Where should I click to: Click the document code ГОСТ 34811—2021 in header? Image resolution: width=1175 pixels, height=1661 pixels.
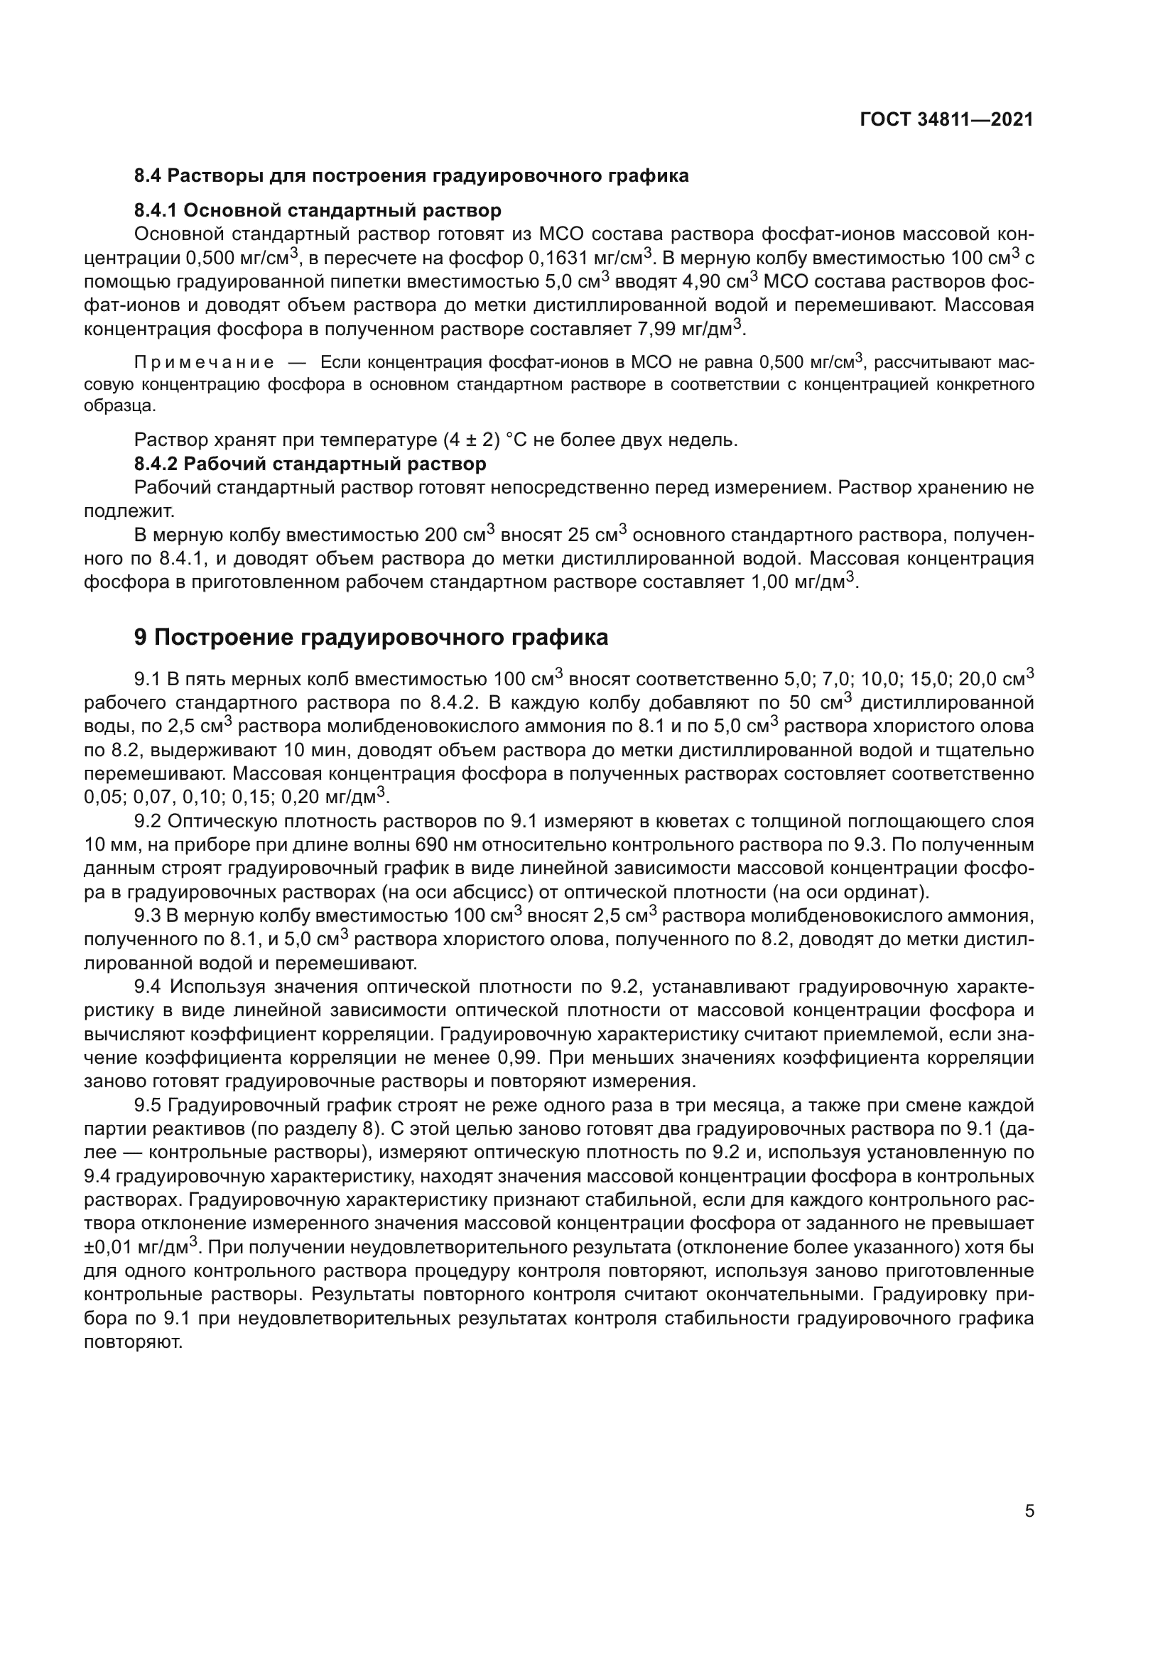coord(946,120)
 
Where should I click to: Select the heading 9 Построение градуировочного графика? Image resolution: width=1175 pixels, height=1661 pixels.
coord(371,637)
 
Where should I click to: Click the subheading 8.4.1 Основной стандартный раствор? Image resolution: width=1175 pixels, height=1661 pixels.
coord(318,210)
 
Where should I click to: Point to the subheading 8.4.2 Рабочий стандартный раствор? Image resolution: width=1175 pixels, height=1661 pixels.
coord(310,463)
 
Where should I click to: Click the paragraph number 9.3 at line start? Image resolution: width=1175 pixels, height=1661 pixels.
coord(148,916)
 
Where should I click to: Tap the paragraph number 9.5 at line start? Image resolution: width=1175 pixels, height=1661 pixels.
coord(148,1106)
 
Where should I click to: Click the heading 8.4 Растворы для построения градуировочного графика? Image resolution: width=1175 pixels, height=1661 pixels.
coord(411,176)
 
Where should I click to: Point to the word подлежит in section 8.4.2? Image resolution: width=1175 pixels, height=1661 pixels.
coord(129,511)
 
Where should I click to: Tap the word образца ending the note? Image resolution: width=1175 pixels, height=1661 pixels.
coord(119,406)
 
